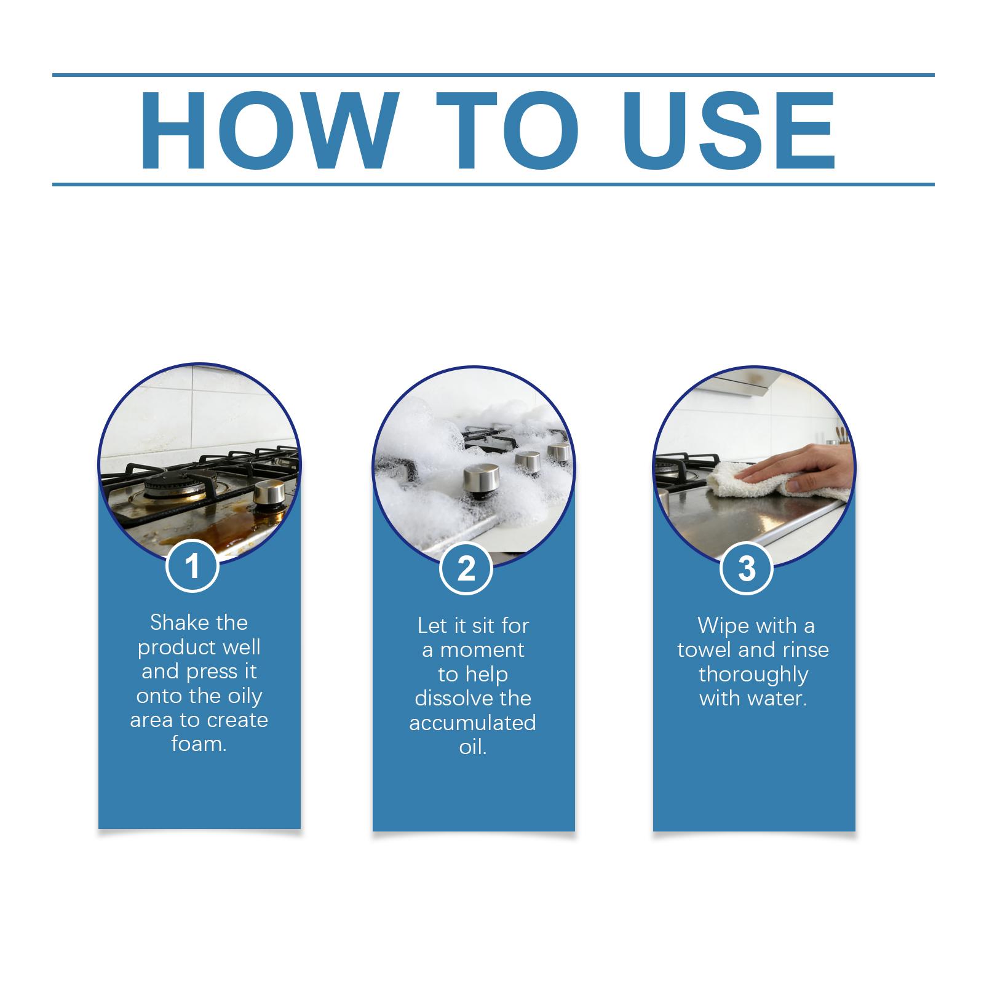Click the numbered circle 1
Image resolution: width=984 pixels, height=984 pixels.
(x=192, y=565)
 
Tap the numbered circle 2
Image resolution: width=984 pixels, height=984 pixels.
(x=467, y=568)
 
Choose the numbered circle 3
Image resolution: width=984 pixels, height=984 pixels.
(x=747, y=568)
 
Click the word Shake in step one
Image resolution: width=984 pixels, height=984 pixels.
(x=174, y=622)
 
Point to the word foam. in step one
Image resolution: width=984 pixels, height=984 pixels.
(x=199, y=744)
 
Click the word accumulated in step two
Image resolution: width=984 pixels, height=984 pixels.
(x=472, y=723)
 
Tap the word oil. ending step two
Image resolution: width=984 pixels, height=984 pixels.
(x=473, y=747)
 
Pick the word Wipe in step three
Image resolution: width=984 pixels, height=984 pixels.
(x=720, y=625)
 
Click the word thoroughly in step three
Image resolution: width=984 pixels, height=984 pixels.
(x=753, y=675)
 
